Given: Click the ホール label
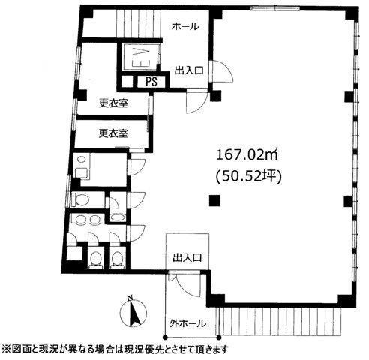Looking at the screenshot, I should (185, 27).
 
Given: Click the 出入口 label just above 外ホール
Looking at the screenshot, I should (186, 257).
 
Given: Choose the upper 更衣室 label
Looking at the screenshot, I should (112, 103).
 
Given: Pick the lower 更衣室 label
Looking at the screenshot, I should (112, 133).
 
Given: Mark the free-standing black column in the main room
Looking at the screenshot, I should (215, 199).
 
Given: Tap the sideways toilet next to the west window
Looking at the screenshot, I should (80, 199).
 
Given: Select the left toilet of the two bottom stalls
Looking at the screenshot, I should (95, 259).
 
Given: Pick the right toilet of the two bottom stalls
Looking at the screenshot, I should (117, 259).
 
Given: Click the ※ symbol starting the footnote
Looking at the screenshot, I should (7, 349).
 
